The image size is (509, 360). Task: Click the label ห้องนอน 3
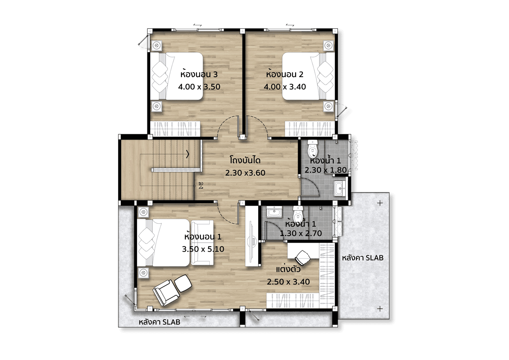[x=199, y=74]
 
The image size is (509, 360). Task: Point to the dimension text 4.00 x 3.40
[x=285, y=87]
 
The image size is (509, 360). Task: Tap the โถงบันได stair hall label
[x=245, y=160]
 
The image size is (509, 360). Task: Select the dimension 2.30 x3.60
[x=245, y=173]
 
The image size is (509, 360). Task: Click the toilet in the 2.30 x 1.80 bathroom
[x=312, y=149]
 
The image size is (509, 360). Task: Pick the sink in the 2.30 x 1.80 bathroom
[x=340, y=188]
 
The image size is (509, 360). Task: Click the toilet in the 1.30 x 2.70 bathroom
[x=298, y=214]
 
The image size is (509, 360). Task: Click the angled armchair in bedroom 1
[x=165, y=293]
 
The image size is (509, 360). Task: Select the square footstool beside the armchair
[x=183, y=283]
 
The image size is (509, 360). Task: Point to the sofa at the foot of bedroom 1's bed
[x=202, y=243]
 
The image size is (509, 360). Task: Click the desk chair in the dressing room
[x=303, y=258]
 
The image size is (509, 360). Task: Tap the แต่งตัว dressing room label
[x=288, y=270]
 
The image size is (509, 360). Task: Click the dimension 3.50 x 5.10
[x=203, y=249]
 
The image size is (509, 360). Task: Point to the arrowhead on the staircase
[x=188, y=154]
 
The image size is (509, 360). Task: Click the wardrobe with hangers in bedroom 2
[x=310, y=129]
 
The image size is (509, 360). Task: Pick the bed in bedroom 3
[x=177, y=76]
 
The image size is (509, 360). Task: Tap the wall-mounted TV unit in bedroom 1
[x=252, y=236]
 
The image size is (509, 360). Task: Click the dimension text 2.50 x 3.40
[x=288, y=282]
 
